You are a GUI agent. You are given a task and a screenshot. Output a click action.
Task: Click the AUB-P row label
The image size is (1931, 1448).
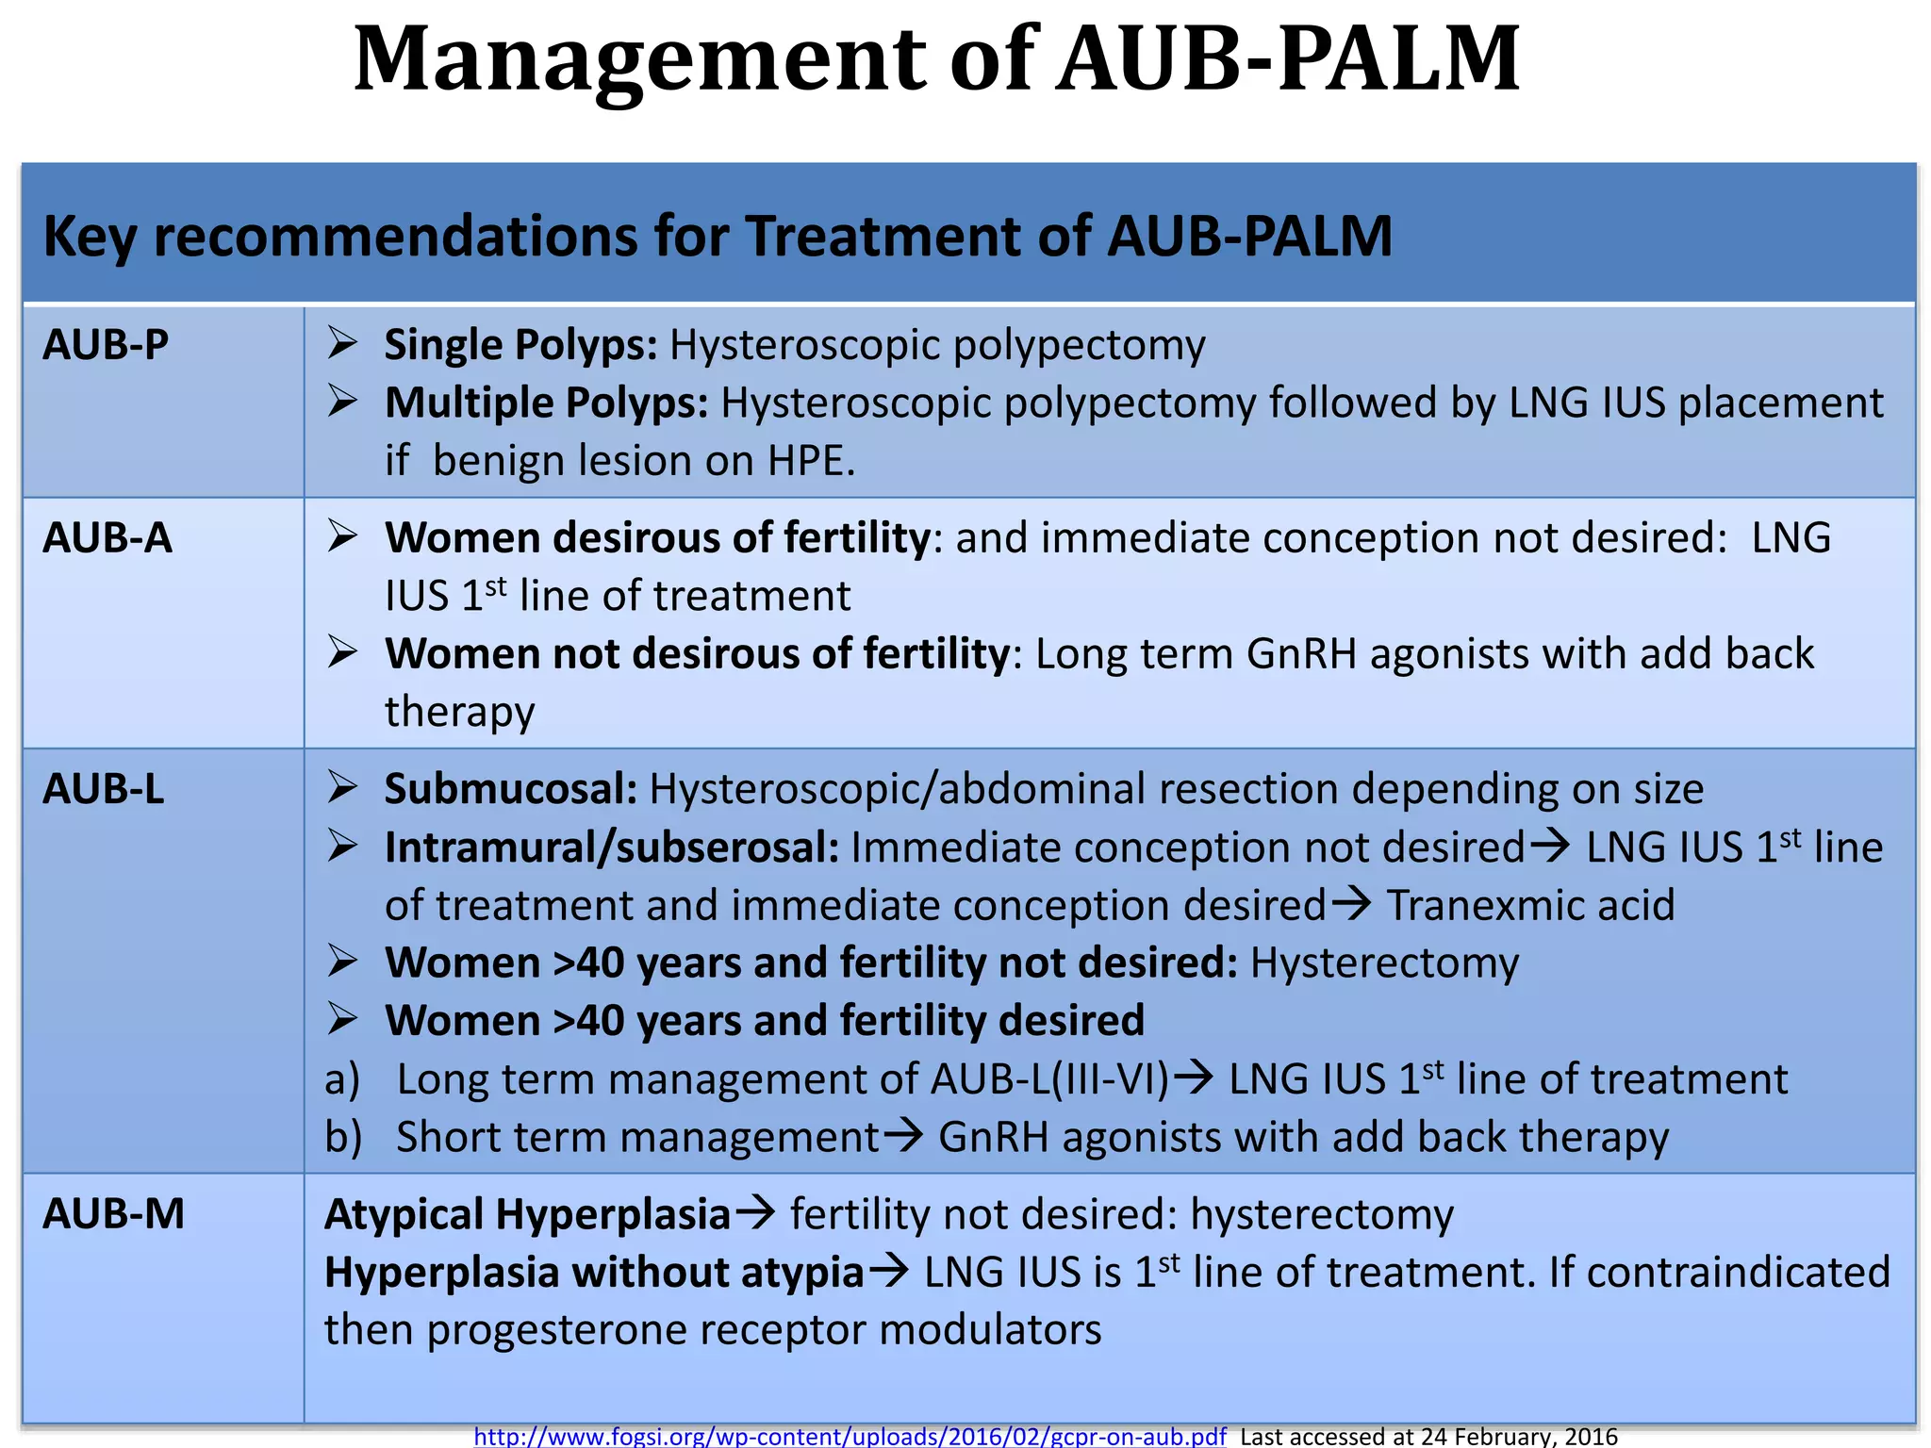tap(106, 345)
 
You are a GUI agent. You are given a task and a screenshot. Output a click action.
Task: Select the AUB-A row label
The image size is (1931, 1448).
tap(107, 538)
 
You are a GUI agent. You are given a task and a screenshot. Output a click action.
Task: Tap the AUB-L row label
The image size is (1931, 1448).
tap(104, 789)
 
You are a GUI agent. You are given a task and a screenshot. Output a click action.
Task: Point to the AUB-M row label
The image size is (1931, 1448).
tap(113, 1214)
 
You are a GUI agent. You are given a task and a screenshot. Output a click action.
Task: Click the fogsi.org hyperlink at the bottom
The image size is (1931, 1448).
tap(850, 1436)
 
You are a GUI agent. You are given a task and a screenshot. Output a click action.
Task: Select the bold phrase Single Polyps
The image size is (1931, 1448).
tap(520, 345)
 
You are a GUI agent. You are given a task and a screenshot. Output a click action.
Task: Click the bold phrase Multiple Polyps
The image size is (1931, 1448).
tap(546, 403)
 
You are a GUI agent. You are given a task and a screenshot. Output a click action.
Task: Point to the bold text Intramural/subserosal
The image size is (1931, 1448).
tap(611, 847)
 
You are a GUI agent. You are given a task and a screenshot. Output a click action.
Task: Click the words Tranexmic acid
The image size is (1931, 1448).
tap(1530, 905)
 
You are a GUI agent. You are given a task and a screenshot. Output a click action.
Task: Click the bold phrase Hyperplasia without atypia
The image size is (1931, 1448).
tap(594, 1273)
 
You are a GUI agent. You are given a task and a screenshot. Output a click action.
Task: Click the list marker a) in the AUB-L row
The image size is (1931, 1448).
tap(342, 1079)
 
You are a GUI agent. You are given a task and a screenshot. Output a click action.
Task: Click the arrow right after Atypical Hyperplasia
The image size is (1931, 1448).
tap(755, 1213)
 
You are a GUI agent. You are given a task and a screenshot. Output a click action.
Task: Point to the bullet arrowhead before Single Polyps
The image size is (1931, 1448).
tap(341, 344)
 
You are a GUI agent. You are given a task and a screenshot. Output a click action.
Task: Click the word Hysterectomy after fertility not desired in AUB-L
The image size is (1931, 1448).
tap(1384, 963)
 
